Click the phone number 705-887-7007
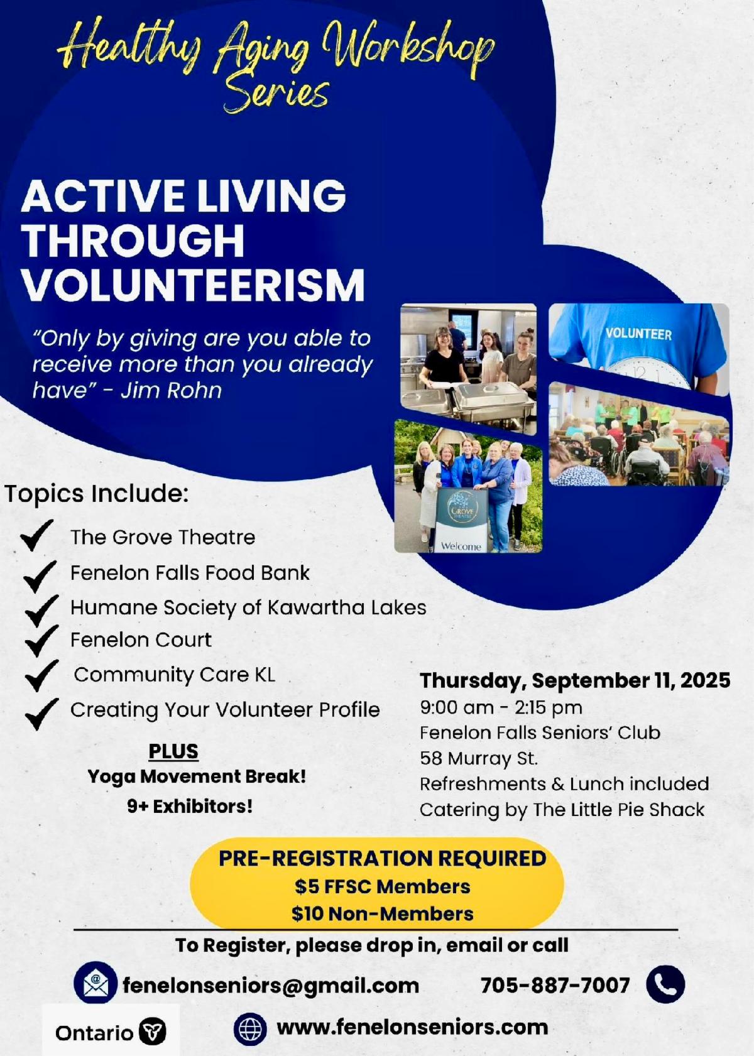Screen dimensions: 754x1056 click(555, 985)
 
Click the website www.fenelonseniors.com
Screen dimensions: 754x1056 click(412, 1027)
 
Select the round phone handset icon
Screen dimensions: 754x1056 click(665, 984)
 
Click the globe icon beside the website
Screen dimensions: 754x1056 click(250, 1028)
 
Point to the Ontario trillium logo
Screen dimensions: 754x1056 click(152, 1032)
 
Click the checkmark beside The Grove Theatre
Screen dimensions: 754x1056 click(36, 535)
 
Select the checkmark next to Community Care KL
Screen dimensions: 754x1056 click(41, 675)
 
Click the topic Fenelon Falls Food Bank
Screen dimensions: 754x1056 click(190, 573)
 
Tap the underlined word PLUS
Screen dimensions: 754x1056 click(173, 751)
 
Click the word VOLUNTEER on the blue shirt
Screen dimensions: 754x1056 click(638, 334)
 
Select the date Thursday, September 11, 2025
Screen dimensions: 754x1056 click(576, 680)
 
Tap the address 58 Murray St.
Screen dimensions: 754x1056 click(479, 758)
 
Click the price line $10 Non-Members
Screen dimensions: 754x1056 click(383, 914)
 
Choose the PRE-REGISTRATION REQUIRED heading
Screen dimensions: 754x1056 click(383, 858)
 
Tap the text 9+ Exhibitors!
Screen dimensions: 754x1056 click(190, 807)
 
